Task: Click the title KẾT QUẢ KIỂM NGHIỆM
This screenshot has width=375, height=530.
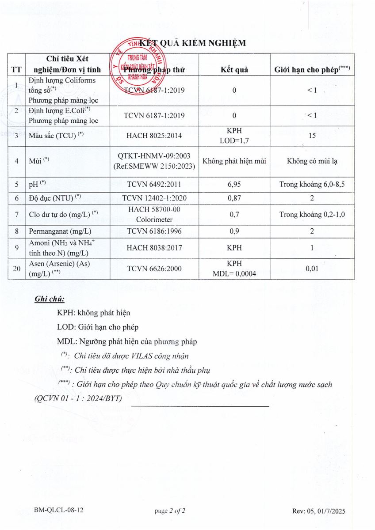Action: [x=192, y=43]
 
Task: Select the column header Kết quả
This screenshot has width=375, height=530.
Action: [x=234, y=69]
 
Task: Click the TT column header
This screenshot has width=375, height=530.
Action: [x=16, y=69]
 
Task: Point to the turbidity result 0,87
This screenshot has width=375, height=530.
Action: [x=234, y=199]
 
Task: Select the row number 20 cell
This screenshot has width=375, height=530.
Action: [x=16, y=268]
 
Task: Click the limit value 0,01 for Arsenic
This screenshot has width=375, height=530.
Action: [x=312, y=268]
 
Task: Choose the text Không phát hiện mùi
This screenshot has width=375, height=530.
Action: [x=234, y=161]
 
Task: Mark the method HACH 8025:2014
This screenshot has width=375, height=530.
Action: [x=154, y=136]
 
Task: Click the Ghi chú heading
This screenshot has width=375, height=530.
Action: [x=50, y=299]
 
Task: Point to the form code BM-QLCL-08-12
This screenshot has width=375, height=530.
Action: [x=59, y=511]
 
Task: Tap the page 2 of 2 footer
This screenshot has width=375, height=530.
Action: [x=170, y=511]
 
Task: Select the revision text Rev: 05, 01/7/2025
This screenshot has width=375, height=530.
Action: [x=318, y=511]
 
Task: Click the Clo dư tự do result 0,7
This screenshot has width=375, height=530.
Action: [x=234, y=215]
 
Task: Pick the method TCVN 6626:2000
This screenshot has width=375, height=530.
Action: [x=154, y=268]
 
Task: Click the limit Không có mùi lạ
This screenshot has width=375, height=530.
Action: [x=312, y=161]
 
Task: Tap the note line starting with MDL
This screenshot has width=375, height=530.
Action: [x=127, y=341]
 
